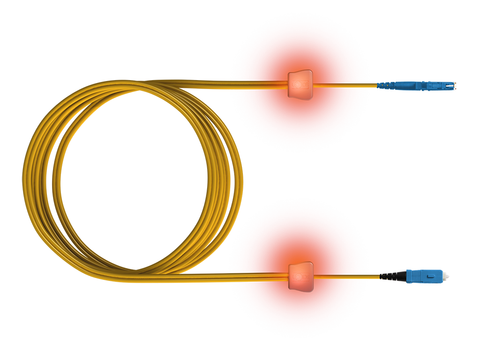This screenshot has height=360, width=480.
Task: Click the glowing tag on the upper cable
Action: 300,85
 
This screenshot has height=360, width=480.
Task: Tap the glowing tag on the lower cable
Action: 300,277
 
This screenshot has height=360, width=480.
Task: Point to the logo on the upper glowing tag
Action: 298,85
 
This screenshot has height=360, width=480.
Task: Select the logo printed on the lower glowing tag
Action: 298,277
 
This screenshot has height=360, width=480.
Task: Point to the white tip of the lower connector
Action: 450,277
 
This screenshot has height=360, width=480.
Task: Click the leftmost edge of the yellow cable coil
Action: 24,183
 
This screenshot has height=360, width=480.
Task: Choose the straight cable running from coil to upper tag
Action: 225,84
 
